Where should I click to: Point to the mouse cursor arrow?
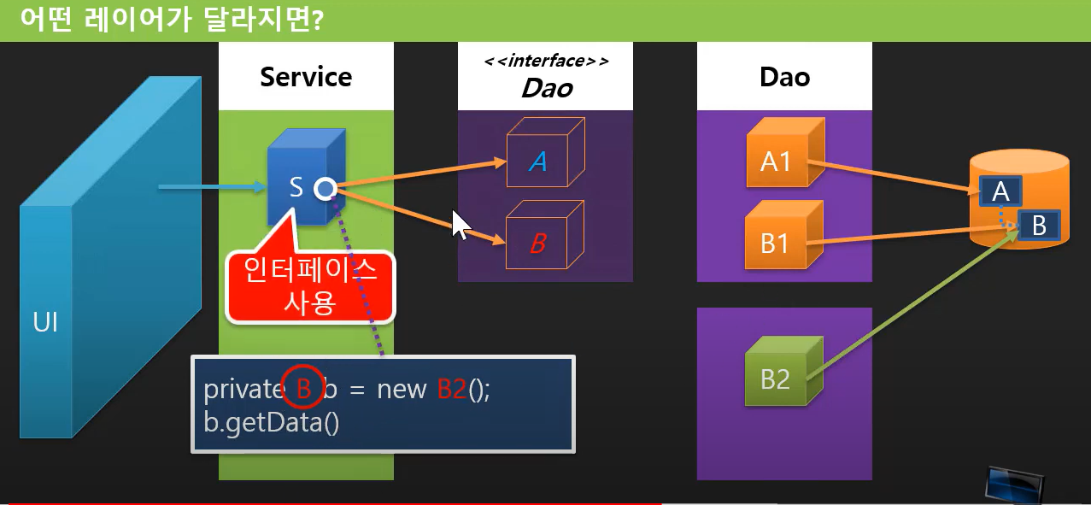point(460,226)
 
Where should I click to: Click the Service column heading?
point(306,77)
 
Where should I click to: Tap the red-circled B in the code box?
point(302,389)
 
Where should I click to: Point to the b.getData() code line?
point(272,423)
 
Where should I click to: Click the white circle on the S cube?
point(324,189)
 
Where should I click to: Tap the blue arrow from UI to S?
point(209,185)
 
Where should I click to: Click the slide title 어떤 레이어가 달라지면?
point(167,19)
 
